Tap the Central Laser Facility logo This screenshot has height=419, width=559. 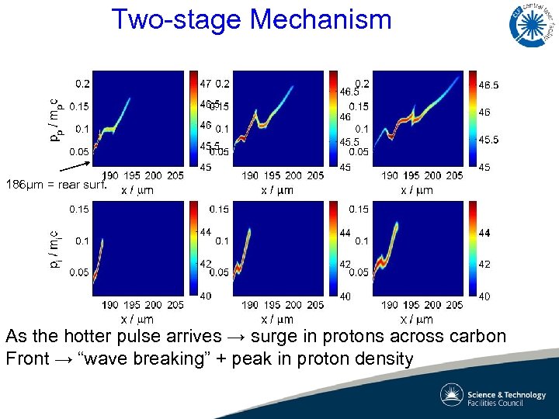pyautogui.click(x=533, y=24)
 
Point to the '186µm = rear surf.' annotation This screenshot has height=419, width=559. pyautogui.click(x=55, y=185)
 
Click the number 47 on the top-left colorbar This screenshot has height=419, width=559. pyautogui.click(x=206, y=83)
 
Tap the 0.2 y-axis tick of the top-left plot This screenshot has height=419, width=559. pyautogui.click(x=82, y=83)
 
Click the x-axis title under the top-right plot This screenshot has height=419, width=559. pyautogui.click(x=417, y=190)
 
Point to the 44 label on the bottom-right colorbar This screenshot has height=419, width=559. pyautogui.click(x=482, y=233)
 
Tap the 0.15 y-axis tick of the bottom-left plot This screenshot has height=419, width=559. pyautogui.click(x=79, y=209)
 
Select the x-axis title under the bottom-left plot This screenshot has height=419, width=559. pyautogui.click(x=137, y=319)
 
